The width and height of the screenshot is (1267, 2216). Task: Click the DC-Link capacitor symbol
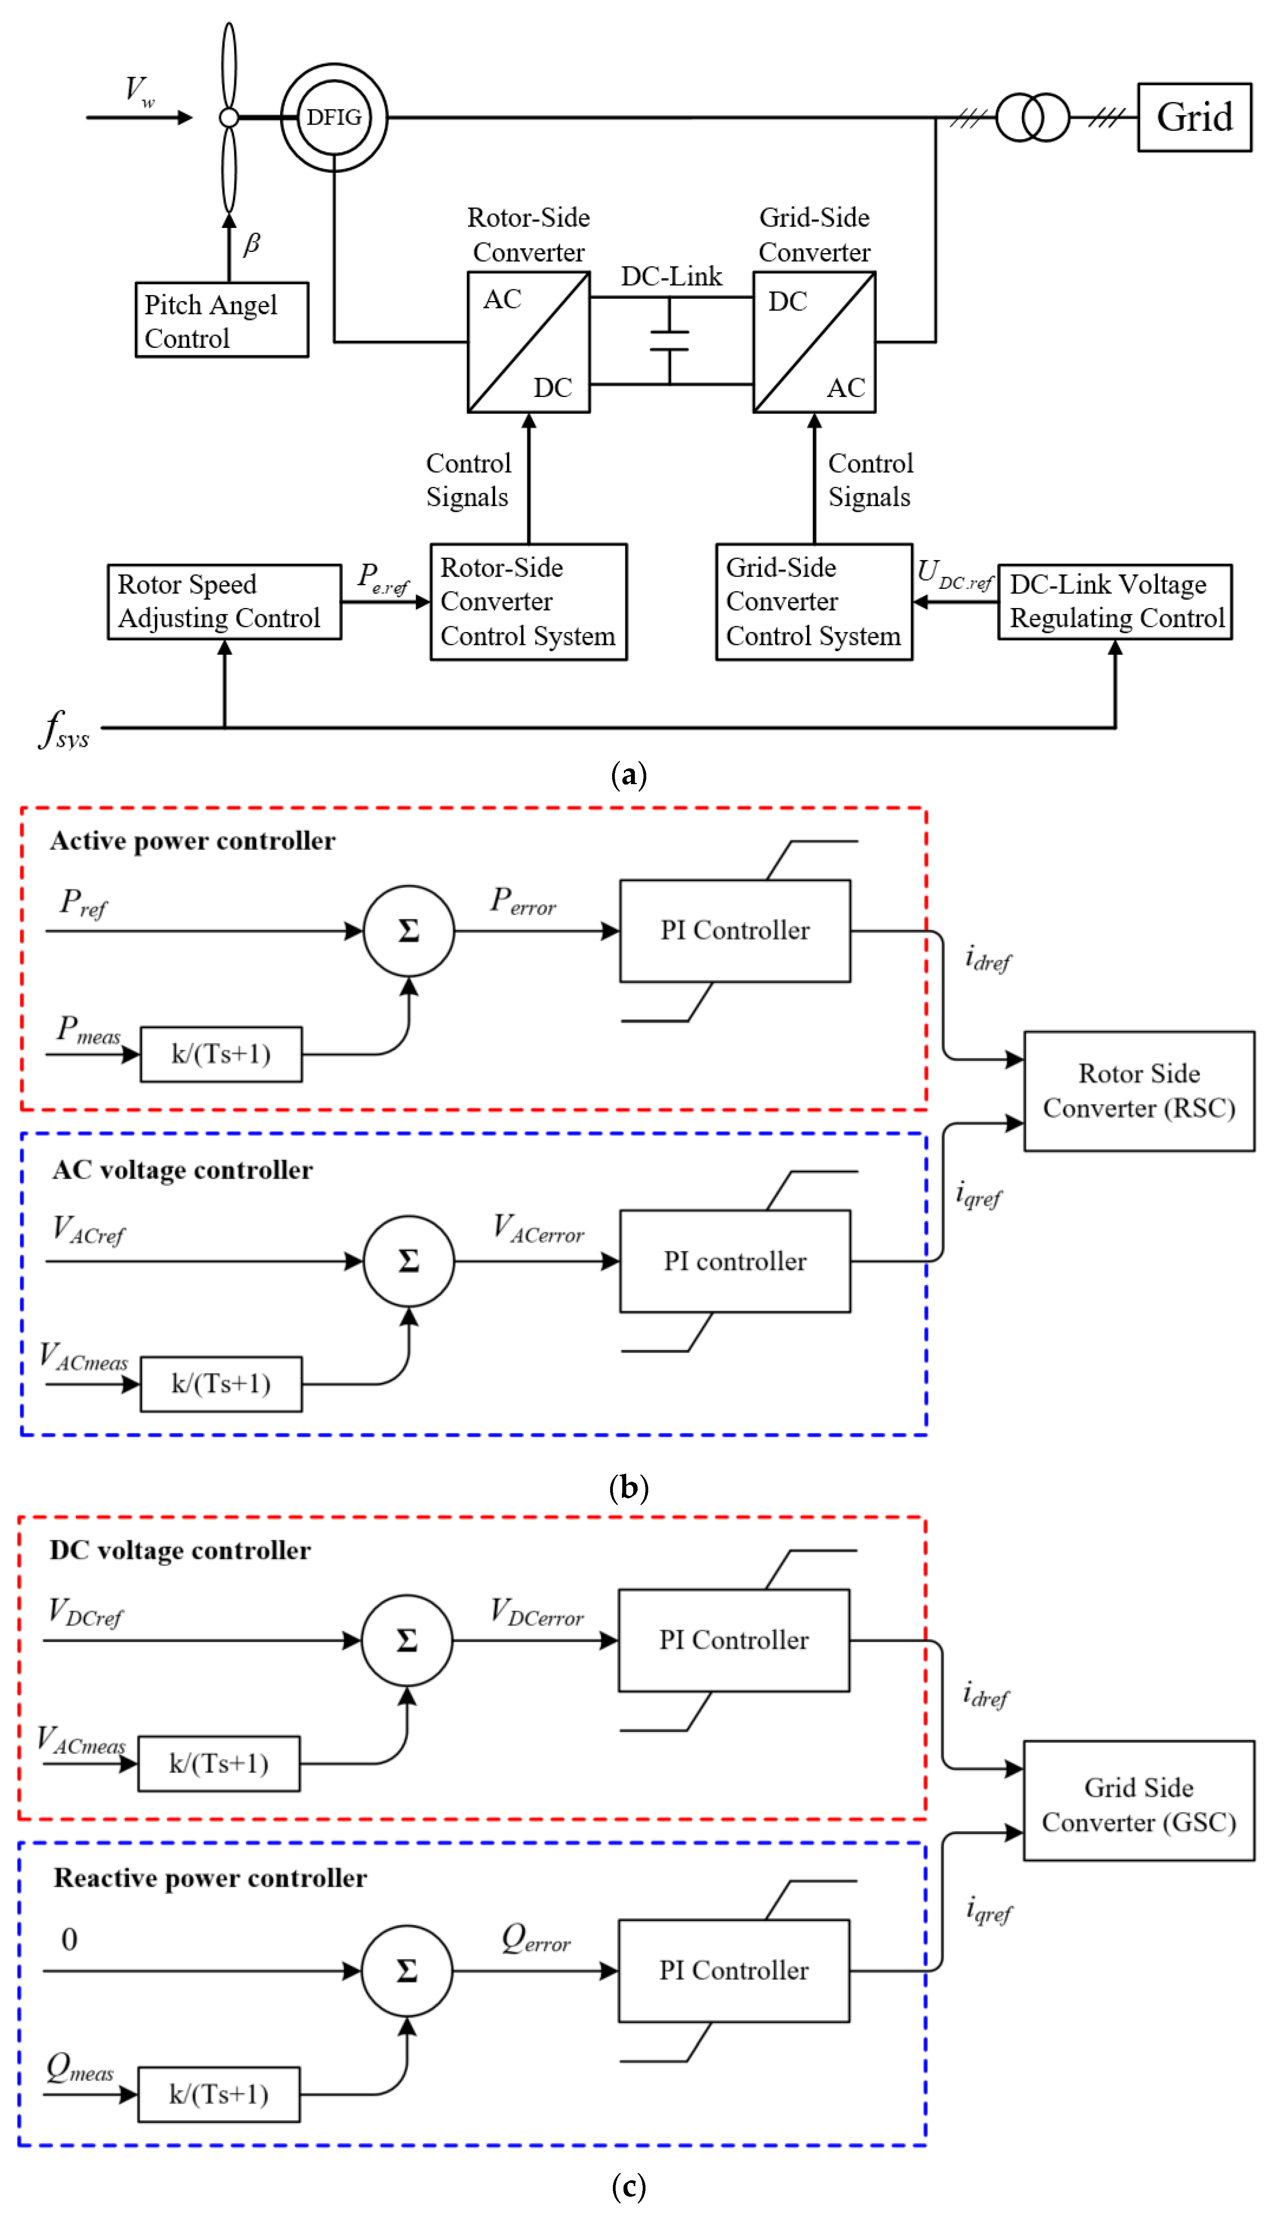[669, 341]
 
